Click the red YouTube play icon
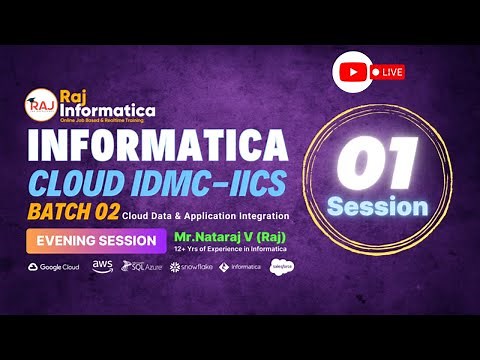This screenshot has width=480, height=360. point(351,72)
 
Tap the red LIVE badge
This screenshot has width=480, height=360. point(387,72)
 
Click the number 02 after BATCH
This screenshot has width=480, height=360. point(104,214)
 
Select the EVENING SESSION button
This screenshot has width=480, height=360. point(96,241)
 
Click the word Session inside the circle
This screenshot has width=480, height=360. point(378,206)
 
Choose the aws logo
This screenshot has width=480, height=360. point(102,266)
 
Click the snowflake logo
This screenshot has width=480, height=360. point(192,267)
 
